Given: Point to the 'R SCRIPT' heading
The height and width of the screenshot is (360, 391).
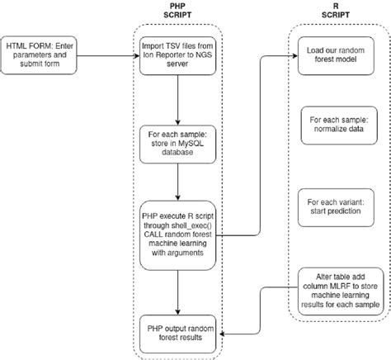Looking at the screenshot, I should (x=338, y=12).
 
